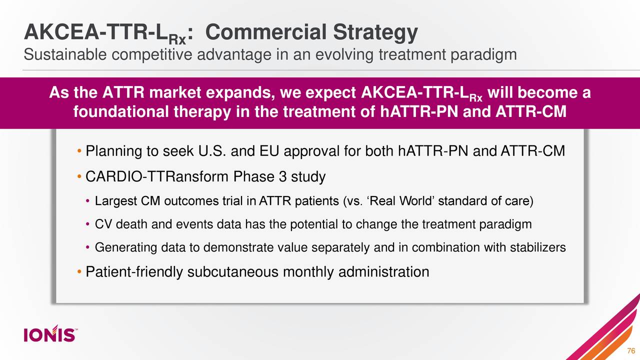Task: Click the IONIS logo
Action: click(x=50, y=334)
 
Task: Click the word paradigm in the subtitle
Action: click(x=483, y=54)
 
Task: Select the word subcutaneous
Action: click(x=233, y=272)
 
